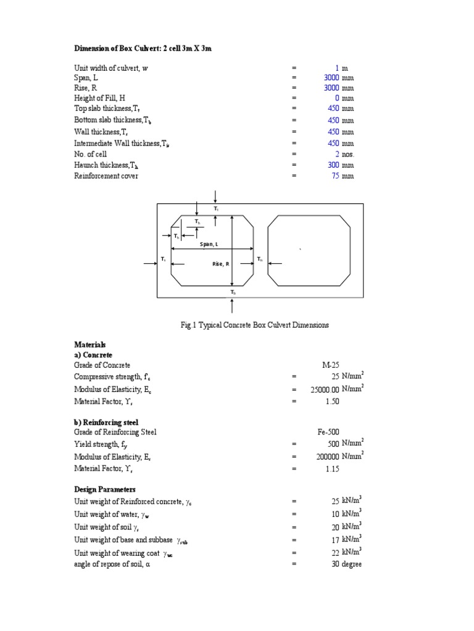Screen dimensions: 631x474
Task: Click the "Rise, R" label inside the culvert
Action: [x=220, y=264]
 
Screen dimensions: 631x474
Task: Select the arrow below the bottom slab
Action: [x=232, y=306]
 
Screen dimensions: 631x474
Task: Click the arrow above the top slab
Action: [x=215, y=197]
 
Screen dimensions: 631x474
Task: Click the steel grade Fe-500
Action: [x=330, y=432]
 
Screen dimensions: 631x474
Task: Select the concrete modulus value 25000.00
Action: [x=325, y=389]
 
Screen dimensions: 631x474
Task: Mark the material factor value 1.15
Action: [x=333, y=469]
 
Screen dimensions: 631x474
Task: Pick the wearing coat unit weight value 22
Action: [x=336, y=553]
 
